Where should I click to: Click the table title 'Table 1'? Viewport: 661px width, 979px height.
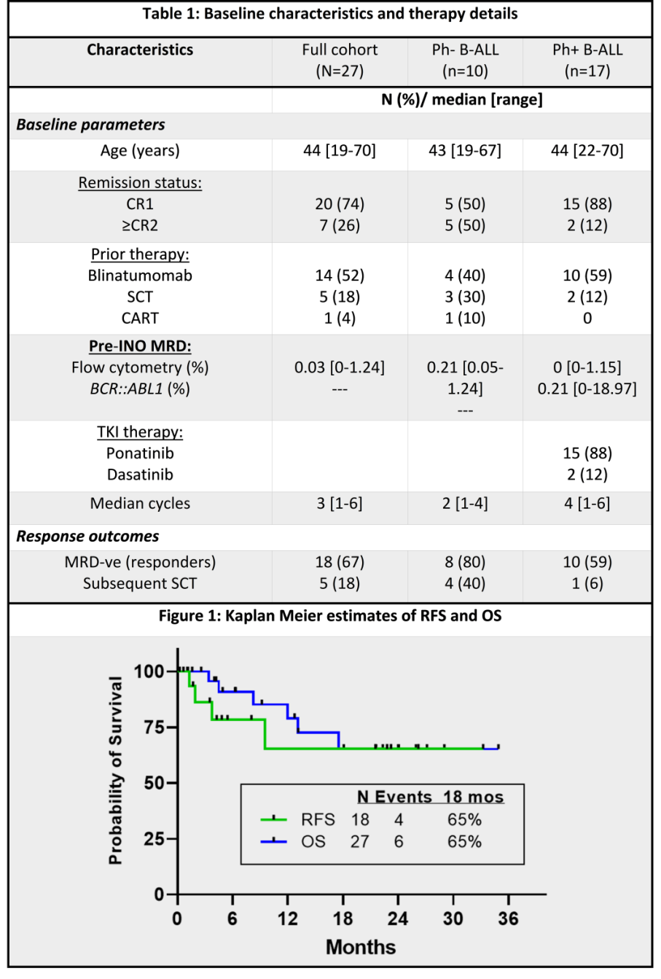pos(330,14)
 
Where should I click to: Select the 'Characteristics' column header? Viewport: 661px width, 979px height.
pos(140,50)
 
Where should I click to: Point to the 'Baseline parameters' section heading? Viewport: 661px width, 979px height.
pos(91,125)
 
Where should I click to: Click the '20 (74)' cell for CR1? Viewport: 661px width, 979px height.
pos(340,204)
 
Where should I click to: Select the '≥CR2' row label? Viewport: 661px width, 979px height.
pos(140,225)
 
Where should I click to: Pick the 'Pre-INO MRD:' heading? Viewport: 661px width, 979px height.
pos(140,346)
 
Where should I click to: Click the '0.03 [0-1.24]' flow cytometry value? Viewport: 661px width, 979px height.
pos(340,367)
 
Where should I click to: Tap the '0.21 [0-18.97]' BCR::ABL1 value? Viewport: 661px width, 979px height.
pos(587,389)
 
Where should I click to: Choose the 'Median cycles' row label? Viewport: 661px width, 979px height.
pos(140,504)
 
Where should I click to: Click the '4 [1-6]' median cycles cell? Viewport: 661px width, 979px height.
pos(587,504)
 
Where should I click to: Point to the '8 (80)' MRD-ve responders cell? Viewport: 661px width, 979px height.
pos(465,562)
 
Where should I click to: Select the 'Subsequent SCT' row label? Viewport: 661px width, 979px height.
pos(140,583)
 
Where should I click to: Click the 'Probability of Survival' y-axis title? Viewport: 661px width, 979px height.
pos(116,771)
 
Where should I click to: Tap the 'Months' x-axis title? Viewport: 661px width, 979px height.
pos(361,947)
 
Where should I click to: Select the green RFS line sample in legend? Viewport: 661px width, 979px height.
pos(274,819)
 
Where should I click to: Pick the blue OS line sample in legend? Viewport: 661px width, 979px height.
pos(274,841)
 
